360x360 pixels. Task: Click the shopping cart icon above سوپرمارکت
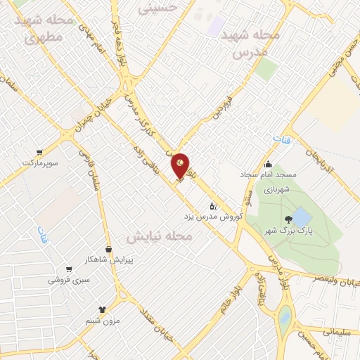pyautogui.click(x=39, y=152)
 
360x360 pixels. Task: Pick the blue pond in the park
pyautogui.click(x=300, y=215)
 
